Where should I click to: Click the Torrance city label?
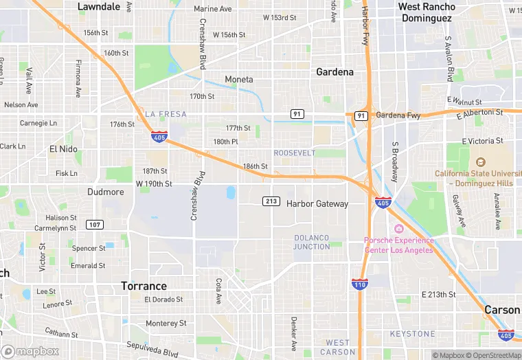coord(144,286)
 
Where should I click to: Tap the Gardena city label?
coord(334,71)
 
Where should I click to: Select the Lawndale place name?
coord(99,6)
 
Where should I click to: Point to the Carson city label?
coord(502,310)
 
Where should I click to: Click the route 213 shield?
coord(271,201)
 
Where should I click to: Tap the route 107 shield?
coord(95,225)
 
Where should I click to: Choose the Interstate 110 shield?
coord(359,284)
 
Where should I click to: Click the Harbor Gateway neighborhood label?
coord(317,203)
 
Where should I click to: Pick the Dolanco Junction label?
coord(312,242)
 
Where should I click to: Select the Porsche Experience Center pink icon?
coord(398,229)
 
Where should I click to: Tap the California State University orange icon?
coord(479,162)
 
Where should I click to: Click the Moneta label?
coord(239,80)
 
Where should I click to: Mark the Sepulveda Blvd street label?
coord(152,350)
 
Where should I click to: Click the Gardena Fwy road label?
coord(398,115)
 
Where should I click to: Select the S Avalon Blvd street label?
coord(450,58)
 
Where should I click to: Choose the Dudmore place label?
coord(106,192)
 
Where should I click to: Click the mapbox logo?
coord(30,351)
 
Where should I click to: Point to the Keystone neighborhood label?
coord(412,334)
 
